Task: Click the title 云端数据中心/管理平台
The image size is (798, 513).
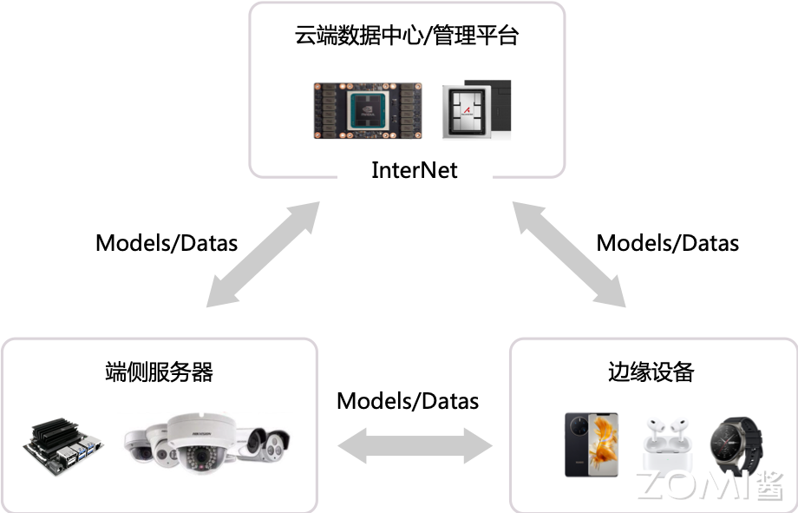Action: point(407,37)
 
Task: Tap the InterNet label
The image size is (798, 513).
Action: point(414,169)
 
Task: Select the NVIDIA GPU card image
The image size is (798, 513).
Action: point(368,109)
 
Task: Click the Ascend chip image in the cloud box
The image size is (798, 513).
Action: point(475,109)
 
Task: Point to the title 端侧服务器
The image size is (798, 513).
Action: point(159,372)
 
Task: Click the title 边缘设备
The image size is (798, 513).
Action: point(651,372)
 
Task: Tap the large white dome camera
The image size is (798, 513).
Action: point(200,441)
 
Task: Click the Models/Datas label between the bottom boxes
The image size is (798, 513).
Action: point(408,401)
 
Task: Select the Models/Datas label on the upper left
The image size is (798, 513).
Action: point(167,242)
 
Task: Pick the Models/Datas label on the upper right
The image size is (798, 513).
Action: point(668,242)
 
